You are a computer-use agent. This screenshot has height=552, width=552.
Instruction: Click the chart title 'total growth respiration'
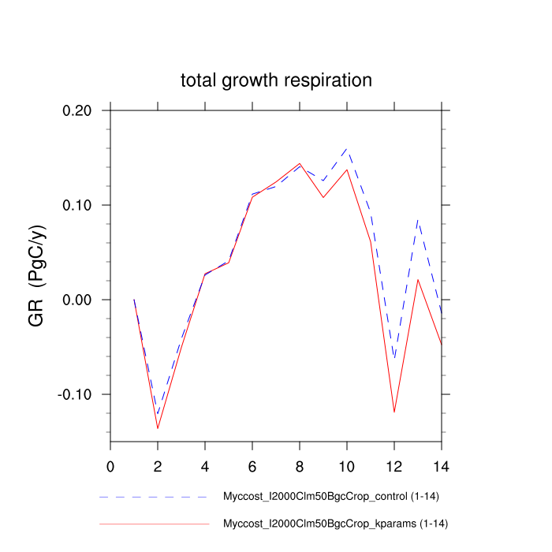pyautogui.click(x=276, y=80)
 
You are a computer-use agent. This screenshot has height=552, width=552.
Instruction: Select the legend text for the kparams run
pyautogui.click(x=336, y=524)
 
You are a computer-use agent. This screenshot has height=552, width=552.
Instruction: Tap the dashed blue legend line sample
pyautogui.click(x=154, y=498)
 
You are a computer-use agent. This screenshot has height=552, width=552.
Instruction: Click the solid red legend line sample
pyautogui.click(x=154, y=524)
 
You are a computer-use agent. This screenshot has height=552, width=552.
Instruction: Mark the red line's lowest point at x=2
pyautogui.click(x=158, y=428)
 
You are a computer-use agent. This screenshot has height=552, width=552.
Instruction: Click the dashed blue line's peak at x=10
pyautogui.click(x=347, y=148)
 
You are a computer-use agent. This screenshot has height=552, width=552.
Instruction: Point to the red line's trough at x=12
pyautogui.click(x=394, y=412)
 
